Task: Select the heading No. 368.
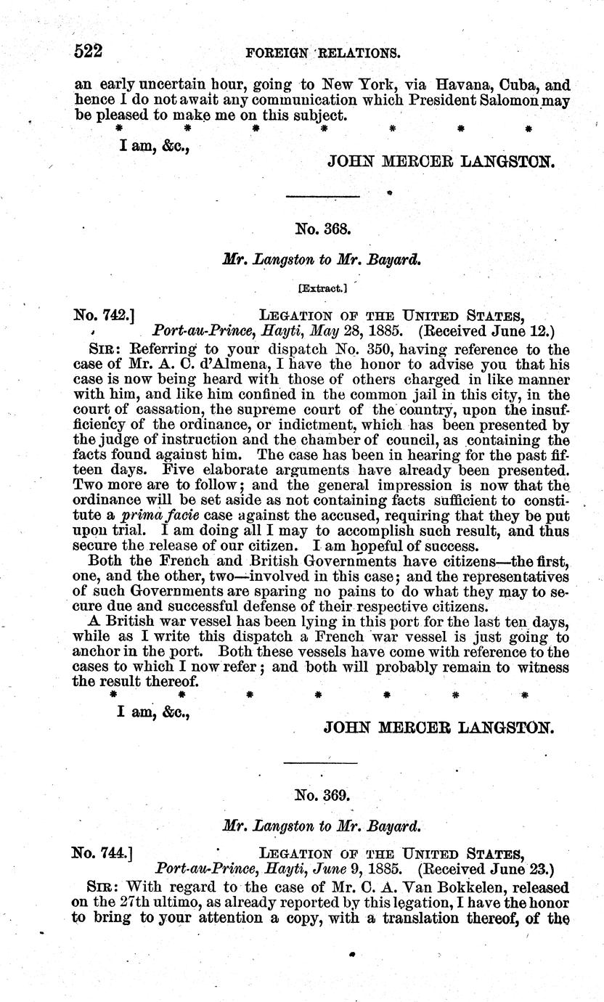[323, 229]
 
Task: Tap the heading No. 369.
[323, 795]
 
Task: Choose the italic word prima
[145, 516]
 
